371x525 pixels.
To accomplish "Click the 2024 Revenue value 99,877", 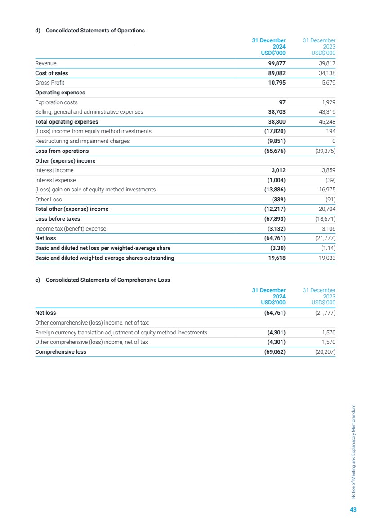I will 274,63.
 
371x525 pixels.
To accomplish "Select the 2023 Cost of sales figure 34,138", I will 326,73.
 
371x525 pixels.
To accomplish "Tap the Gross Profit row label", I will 49,83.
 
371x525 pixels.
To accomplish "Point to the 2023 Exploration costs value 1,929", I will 328,102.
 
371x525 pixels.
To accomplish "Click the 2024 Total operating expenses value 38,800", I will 274,122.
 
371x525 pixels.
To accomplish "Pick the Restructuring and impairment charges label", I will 82,141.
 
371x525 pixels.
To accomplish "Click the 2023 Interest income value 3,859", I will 328,170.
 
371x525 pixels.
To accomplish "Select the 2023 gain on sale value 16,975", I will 326,190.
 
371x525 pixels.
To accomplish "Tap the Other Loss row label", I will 49,200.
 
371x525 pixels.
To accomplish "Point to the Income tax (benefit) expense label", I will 71,229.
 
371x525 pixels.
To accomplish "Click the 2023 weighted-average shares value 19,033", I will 326,258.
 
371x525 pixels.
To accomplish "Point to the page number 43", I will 353,509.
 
